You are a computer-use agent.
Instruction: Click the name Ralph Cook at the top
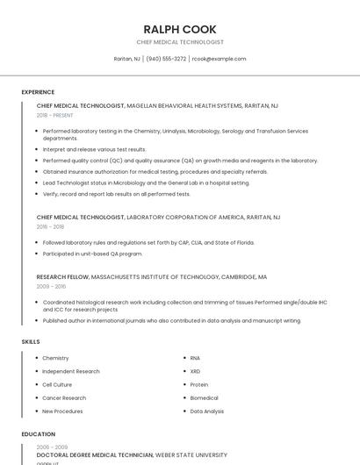(179, 29)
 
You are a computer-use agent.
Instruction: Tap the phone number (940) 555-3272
(166, 59)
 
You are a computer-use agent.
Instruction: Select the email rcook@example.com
(219, 59)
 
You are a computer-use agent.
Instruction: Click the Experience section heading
(38, 92)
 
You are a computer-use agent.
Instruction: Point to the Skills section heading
(31, 341)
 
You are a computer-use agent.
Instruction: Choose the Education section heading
(39, 434)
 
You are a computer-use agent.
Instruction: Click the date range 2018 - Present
(55, 115)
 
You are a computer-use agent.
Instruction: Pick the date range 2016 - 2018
(50, 226)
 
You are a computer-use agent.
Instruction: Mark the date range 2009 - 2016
(51, 286)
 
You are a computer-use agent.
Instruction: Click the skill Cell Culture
(57, 384)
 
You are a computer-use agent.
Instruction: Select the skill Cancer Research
(64, 397)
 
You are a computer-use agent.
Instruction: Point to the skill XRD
(195, 371)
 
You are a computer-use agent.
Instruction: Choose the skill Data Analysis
(207, 411)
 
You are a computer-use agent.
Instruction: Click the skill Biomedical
(204, 397)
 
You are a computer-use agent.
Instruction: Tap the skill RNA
(195, 358)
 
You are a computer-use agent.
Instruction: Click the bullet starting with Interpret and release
(94, 149)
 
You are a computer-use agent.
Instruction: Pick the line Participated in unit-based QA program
(92, 254)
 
